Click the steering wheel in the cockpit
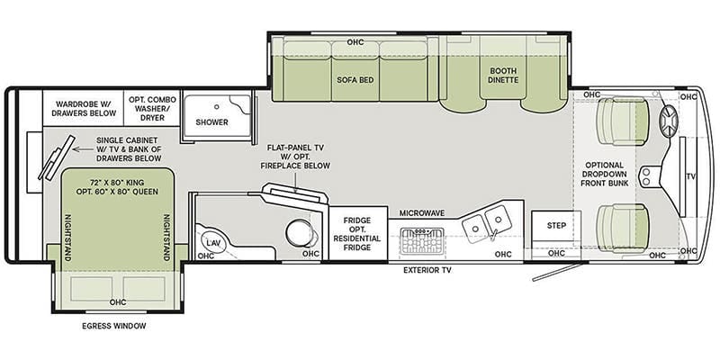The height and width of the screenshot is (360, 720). [669, 121]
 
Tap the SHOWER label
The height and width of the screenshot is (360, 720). [211, 122]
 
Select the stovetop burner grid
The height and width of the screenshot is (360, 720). [422, 240]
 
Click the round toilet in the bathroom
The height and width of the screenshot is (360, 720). [299, 232]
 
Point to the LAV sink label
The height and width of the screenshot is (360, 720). [211, 242]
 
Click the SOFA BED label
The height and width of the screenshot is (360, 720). [355, 80]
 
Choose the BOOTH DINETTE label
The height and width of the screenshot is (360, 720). [503, 76]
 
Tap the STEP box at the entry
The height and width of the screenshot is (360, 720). [556, 226]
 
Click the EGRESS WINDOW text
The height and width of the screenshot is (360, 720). [114, 326]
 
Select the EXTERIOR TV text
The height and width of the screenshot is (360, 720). [427, 271]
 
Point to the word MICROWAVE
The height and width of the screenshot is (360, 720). [421, 213]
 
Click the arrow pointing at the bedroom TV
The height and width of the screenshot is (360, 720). [83, 149]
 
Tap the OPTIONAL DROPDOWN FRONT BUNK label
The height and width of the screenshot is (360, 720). [604, 174]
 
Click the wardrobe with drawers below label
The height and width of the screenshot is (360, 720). [83, 108]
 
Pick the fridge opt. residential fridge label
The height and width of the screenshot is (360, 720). [356, 234]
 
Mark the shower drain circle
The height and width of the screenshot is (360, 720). [216, 106]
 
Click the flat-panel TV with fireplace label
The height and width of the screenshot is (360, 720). [300, 157]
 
